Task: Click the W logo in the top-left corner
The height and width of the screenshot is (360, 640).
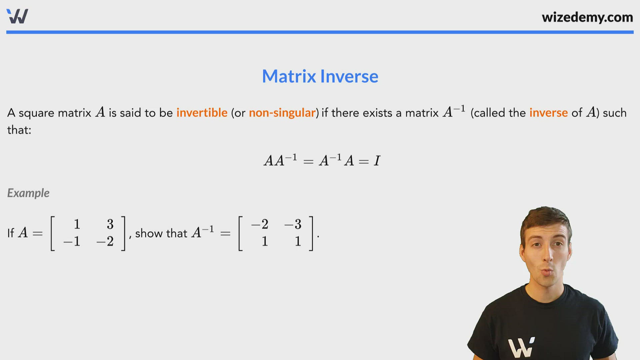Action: click(17, 16)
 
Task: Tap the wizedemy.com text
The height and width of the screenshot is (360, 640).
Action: click(587, 17)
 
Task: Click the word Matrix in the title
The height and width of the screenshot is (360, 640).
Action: click(289, 76)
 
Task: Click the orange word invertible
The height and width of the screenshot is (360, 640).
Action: click(202, 113)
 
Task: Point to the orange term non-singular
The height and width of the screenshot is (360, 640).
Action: click(282, 113)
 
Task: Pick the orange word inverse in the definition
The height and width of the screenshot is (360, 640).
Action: click(548, 113)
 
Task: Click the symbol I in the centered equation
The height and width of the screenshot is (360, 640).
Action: click(377, 161)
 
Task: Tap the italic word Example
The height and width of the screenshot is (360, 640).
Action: click(28, 193)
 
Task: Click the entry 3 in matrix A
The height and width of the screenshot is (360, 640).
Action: click(110, 224)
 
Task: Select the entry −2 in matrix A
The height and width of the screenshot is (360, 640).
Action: click(105, 241)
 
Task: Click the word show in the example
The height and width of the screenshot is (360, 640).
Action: click(149, 233)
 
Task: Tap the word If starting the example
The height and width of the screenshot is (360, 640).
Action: click(11, 233)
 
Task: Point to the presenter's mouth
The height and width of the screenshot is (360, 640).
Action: click(546, 272)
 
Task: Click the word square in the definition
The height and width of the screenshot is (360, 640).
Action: click(36, 113)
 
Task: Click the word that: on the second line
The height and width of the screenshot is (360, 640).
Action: click(19, 130)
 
